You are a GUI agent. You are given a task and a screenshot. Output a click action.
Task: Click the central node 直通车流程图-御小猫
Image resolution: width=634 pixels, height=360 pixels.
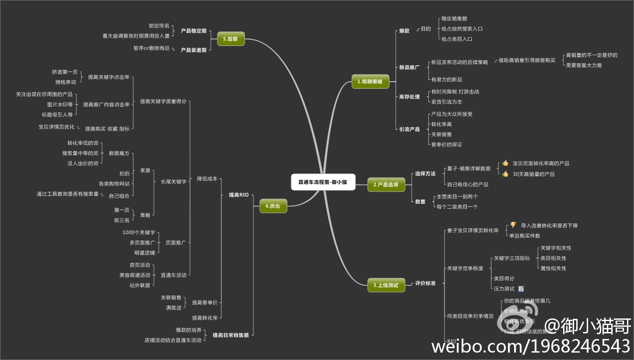pos(323,182)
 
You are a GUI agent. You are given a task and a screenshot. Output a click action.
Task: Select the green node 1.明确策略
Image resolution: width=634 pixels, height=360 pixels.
pos(370,81)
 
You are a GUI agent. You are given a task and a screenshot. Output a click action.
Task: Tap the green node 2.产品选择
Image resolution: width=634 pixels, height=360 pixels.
pos(386,185)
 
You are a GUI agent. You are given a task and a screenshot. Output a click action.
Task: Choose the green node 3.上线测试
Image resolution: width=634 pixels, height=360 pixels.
pos(386,285)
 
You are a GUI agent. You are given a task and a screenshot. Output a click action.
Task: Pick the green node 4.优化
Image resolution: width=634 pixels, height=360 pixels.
pos(273,206)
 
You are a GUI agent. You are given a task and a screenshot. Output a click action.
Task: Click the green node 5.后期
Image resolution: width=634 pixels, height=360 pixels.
pos(231,39)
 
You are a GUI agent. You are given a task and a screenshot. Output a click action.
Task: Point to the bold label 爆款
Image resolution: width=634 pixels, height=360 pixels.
pos(404,31)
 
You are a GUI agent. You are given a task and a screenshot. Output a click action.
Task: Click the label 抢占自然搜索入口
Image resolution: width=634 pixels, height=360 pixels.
pos(462,29)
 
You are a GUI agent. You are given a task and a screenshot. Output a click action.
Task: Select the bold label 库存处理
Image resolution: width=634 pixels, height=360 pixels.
pos(409,97)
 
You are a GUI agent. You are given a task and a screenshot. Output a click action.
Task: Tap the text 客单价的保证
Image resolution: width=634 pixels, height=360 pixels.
pos(446,144)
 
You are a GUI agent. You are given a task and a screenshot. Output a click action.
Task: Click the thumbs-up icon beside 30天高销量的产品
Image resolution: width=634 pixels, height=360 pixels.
pos(505,174)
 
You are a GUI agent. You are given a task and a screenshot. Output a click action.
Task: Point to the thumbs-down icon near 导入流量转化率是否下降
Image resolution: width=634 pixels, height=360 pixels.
pos(513,225)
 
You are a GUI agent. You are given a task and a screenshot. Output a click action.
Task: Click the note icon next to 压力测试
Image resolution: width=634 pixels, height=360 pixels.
pos(521,289)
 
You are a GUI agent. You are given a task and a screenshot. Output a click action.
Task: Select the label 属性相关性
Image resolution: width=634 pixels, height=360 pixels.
pos(553,268)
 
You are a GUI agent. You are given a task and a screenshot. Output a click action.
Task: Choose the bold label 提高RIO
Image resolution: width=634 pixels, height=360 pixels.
pos(238,195)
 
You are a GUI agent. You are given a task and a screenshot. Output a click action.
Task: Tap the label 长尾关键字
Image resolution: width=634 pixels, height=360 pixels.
pos(174,182)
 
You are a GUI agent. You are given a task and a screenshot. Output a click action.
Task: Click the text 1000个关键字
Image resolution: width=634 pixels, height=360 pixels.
pos(139,232)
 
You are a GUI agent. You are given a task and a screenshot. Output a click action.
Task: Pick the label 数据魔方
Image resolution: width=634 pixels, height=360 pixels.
pos(119,154)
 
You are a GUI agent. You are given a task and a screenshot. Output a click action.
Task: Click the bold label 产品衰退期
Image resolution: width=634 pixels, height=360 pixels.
pos(193,50)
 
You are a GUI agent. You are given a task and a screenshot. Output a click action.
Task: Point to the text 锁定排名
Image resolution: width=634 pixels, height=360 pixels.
pos(159,26)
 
